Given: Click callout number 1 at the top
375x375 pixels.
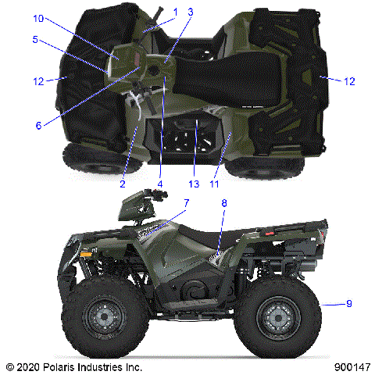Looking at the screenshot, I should click(176, 11).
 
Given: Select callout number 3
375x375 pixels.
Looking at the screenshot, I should click(190, 11).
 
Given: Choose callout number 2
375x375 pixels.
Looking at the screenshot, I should click(123, 184).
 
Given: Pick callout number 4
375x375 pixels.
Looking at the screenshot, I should click(159, 184).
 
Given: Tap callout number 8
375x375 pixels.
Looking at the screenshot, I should click(224, 203).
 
